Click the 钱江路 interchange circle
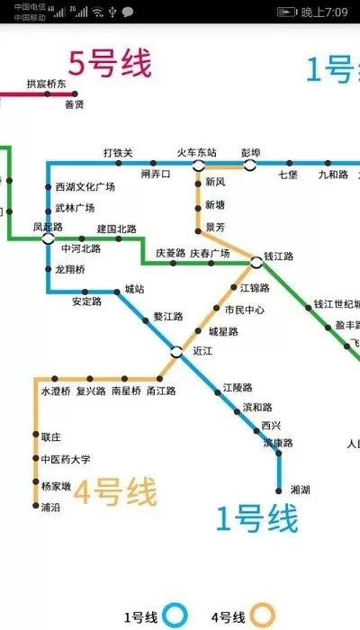click(x=256, y=263)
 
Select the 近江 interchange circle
click(x=175, y=352)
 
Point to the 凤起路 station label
click(x=48, y=227)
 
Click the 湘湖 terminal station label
click(x=300, y=490)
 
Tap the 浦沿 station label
click(x=50, y=508)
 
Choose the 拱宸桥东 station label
click(x=52, y=84)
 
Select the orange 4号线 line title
click(x=114, y=492)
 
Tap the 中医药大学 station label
click(x=66, y=459)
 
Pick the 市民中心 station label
click(x=245, y=310)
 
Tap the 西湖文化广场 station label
click(x=85, y=187)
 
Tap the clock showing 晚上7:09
click(x=324, y=12)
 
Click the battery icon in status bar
click(x=286, y=12)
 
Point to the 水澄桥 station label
click(x=55, y=391)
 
